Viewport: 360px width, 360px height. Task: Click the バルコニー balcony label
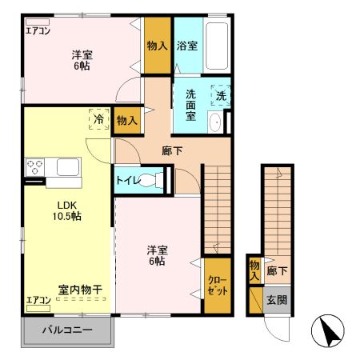[67, 330]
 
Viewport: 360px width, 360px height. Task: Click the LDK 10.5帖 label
[67, 210]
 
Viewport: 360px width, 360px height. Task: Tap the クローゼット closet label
[217, 286]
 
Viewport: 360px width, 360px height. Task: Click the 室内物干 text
[78, 289]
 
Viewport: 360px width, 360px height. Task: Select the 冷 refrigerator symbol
[98, 117]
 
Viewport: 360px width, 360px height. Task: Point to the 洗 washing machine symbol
[221, 96]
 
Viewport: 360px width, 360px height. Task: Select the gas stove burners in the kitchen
[35, 167]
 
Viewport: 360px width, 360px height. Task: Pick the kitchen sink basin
[68, 167]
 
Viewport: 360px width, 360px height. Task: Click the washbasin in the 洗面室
[214, 122]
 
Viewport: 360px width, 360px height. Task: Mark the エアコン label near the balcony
[38, 300]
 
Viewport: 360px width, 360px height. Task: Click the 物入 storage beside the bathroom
[157, 46]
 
